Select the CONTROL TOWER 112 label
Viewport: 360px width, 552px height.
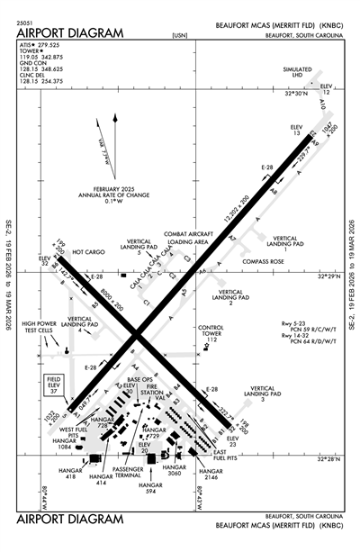click(210, 332)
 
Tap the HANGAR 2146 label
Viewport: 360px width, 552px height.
click(210, 476)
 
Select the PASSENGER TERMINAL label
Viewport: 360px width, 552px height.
click(126, 474)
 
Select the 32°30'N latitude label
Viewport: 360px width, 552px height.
click(296, 93)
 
